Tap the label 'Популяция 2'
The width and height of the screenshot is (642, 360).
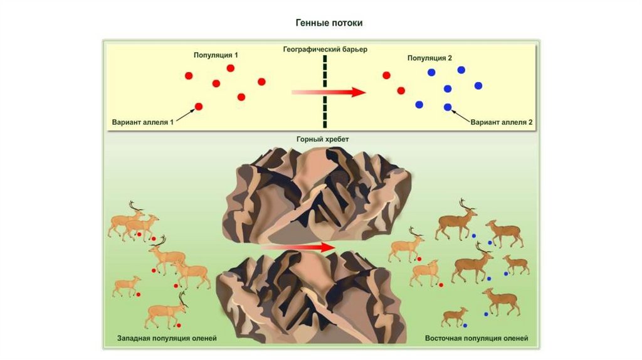429,58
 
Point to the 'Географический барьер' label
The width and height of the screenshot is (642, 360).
325,48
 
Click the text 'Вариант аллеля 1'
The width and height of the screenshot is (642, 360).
142,122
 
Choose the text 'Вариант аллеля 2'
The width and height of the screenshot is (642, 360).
502,122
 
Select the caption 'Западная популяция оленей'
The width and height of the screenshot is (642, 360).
167,338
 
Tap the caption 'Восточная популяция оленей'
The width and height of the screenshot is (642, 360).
476,338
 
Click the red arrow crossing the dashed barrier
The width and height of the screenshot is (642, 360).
329,92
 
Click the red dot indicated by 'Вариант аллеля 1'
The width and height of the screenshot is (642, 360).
199,107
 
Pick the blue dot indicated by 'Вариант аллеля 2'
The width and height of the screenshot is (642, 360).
448,107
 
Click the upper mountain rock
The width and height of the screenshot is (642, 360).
317,194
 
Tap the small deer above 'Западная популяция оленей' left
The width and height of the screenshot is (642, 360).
127,285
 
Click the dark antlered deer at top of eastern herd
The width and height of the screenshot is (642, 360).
458,220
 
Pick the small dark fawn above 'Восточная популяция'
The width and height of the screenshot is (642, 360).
455,316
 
